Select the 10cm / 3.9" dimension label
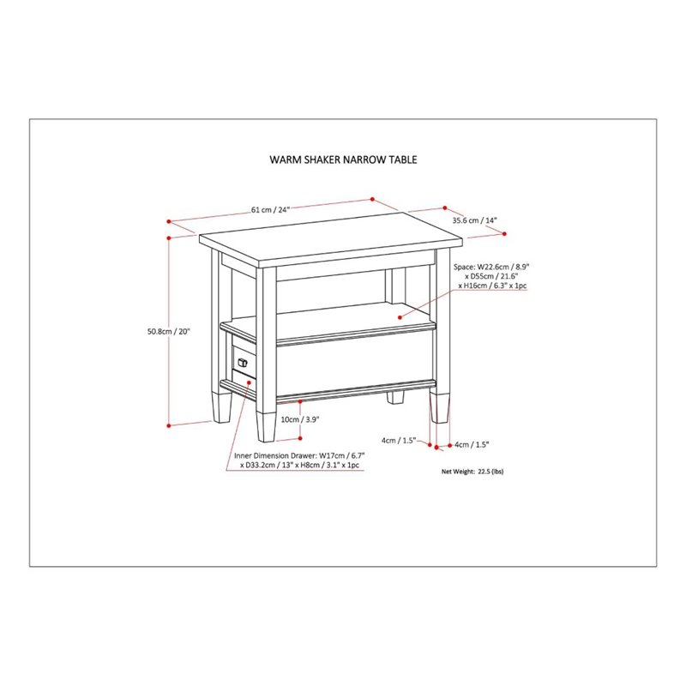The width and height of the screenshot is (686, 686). coord(300,420)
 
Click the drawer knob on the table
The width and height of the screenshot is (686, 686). coord(243,364)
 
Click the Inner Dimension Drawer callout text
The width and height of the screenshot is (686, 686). coord(296,460)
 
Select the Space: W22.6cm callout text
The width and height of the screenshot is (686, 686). coord(490,276)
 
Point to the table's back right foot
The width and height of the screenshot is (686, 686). coord(396,398)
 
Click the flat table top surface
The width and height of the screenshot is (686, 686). coord(326,243)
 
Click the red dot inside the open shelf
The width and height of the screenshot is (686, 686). coord(400,316)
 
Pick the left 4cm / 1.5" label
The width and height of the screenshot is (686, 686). coord(399,441)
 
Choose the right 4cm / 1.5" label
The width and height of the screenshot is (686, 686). coord(471,444)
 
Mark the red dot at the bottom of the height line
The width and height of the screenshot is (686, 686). coord(170,424)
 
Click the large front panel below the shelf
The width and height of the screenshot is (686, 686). coord(352,364)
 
